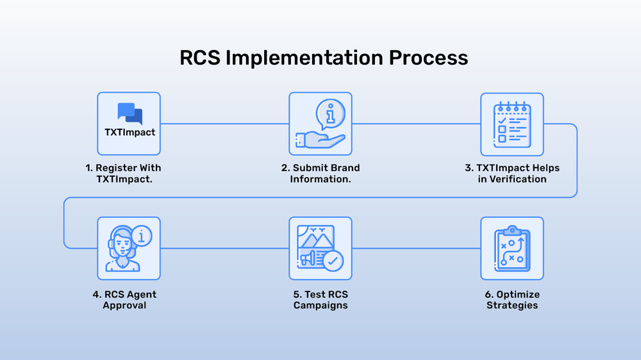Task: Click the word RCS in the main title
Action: [x=199, y=58]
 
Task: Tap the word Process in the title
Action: [x=428, y=58]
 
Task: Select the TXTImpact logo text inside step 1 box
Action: [x=129, y=133]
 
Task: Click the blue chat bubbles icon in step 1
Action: [x=129, y=113]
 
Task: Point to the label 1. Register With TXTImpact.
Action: [x=124, y=173]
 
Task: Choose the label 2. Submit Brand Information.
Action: [x=320, y=173]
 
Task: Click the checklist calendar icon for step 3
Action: [x=512, y=123]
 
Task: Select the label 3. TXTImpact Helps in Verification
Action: [x=512, y=173]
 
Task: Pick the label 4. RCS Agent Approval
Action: [x=124, y=300]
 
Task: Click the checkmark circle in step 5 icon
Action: [x=333, y=261]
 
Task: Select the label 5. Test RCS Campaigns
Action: [x=320, y=300]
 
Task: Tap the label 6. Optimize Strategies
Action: [x=512, y=300]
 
